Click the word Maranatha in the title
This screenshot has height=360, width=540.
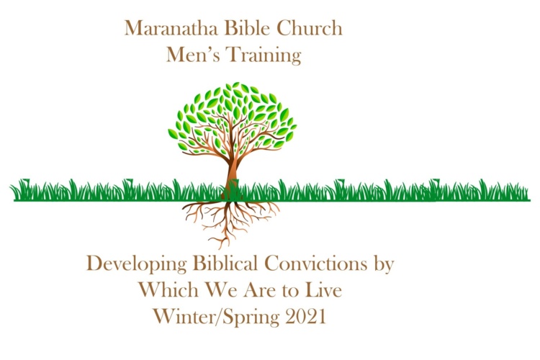[x=171, y=28]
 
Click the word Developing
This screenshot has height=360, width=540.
[x=137, y=264]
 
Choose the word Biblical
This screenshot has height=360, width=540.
[x=225, y=264]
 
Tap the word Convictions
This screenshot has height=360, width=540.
[x=316, y=264]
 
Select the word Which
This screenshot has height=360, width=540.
[x=168, y=289]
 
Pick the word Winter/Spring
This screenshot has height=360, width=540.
[x=216, y=317]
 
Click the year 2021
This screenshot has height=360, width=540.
[x=305, y=316]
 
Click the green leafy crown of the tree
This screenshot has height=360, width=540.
[x=233, y=117]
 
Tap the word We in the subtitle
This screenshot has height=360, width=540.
[x=221, y=290]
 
